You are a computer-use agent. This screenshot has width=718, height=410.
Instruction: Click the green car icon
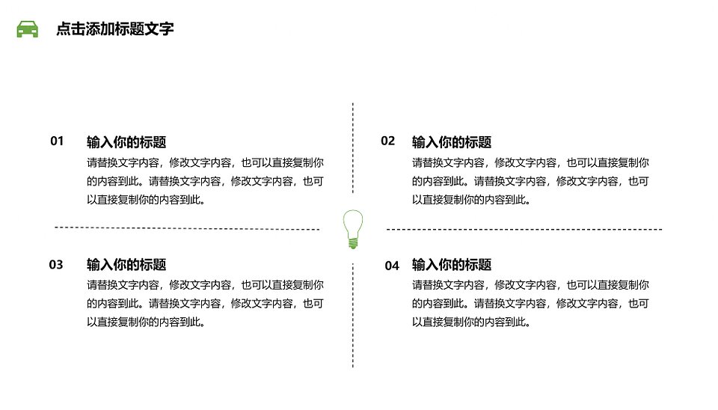point(28,29)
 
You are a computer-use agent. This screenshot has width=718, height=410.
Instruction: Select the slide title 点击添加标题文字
point(115,29)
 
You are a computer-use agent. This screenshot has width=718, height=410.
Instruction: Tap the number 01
point(57,141)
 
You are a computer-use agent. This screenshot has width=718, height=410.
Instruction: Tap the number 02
point(388,141)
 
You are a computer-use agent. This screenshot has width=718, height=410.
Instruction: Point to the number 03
point(56,265)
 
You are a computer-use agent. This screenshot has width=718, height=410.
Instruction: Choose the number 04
point(392,266)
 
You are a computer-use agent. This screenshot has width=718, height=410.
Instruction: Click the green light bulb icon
point(353,230)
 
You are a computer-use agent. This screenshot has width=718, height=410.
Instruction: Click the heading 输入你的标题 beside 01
point(126,142)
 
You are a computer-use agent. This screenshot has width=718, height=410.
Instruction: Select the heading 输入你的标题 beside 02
point(452,142)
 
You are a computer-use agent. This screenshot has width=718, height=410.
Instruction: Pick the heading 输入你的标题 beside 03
point(126,264)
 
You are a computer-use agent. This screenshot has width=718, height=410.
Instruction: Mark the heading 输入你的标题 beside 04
point(452,264)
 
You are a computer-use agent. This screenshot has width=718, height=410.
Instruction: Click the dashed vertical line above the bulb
point(353,148)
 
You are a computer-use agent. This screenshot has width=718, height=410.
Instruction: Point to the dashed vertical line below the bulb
point(353,315)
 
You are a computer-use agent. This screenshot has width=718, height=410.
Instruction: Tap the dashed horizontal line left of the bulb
point(187,228)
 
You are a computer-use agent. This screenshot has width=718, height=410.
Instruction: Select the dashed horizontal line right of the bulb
point(524,229)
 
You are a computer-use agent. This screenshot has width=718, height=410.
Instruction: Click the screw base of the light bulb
point(353,244)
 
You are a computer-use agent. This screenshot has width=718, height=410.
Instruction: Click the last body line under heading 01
point(146,200)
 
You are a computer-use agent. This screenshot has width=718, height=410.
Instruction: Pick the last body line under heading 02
point(471,200)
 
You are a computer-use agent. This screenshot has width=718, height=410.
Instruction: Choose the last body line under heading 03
point(146,322)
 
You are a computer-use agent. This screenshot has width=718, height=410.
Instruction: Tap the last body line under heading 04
point(471,322)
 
